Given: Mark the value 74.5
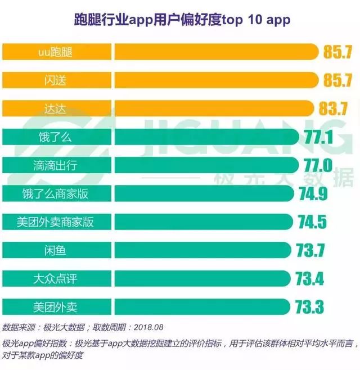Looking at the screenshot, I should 312,222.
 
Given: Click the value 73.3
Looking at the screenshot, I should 309,306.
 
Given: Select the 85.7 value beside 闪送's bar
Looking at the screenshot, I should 337,80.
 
